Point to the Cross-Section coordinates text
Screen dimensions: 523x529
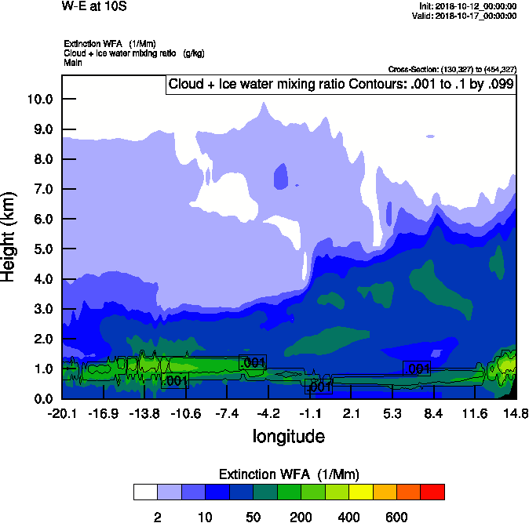click(451, 69)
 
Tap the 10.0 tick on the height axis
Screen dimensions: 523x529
click(39, 100)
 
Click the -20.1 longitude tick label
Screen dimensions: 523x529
click(62, 413)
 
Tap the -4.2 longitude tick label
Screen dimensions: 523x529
click(269, 413)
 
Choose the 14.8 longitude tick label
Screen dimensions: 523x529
click(516, 413)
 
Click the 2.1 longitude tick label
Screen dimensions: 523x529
click(352, 413)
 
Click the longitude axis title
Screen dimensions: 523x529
click(288, 436)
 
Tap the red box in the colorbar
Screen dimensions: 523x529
click(432, 492)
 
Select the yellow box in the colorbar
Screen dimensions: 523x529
click(360, 492)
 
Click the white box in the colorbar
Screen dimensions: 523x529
click(145, 492)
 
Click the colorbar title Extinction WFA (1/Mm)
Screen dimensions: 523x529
click(288, 474)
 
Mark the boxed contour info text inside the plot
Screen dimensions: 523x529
click(341, 84)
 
